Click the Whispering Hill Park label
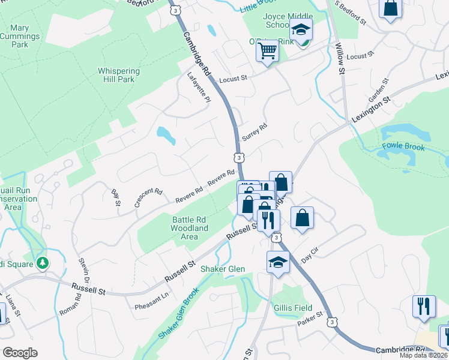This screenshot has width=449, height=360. click(119, 75)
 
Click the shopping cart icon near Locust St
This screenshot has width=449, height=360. click(267, 50)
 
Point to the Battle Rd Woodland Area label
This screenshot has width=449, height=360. click(190, 228)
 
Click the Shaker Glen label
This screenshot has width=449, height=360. click(223, 269)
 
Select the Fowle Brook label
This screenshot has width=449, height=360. click(403, 147)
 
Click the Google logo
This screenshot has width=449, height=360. click(20, 352)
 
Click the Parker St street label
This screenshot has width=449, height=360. click(310, 319)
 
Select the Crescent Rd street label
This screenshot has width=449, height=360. click(148, 199)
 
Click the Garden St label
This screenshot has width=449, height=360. click(377, 93)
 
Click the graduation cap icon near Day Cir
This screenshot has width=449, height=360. click(278, 262)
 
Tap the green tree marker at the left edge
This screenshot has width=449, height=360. click(42, 263)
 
